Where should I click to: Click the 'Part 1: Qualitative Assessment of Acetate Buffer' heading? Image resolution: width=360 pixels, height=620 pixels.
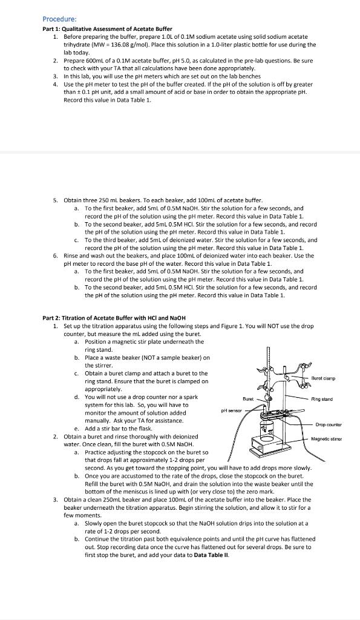[x=107, y=29]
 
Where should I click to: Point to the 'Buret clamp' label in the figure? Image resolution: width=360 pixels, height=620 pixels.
[x=323, y=378]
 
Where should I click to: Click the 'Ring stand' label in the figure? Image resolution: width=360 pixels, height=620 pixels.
[x=322, y=400]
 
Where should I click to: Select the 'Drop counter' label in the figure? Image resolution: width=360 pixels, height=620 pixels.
[x=329, y=425]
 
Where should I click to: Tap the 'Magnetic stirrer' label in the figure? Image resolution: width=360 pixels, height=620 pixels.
[x=326, y=439]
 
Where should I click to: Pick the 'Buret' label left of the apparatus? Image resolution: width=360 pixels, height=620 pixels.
[x=248, y=399]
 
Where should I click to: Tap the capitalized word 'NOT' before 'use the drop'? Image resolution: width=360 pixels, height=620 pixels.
[x=275, y=326]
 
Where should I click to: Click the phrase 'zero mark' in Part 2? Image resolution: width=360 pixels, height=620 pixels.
[x=261, y=492]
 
